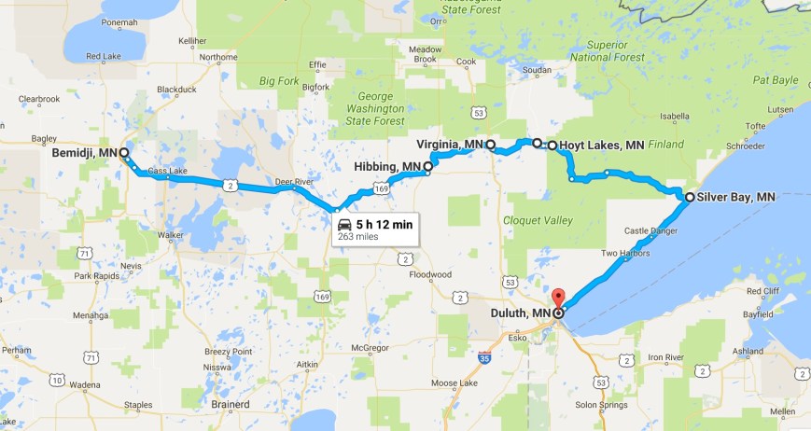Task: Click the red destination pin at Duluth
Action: (x=557, y=299)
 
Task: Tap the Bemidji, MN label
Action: (x=84, y=152)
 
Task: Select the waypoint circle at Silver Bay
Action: (x=689, y=198)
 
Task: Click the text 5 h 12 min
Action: (x=384, y=224)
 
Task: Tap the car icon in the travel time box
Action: (x=344, y=225)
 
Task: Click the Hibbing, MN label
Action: (x=387, y=167)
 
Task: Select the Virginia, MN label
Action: (x=451, y=145)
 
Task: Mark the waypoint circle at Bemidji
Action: (x=123, y=152)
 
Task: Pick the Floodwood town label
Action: (x=429, y=275)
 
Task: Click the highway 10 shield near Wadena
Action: (x=58, y=379)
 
